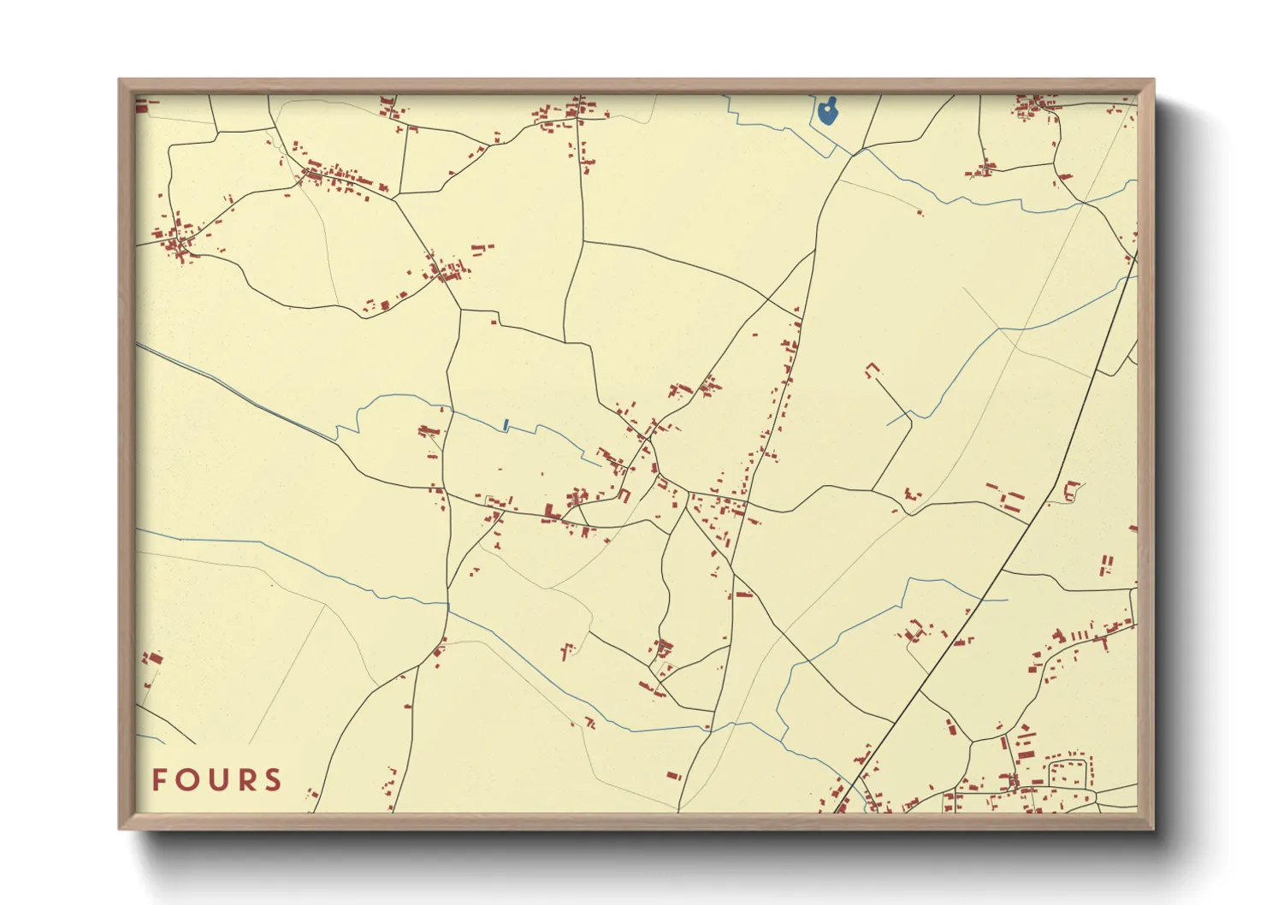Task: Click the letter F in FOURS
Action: (x=159, y=780)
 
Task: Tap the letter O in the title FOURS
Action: (x=187, y=780)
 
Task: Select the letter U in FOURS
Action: (x=217, y=780)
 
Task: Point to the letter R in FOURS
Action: (x=246, y=780)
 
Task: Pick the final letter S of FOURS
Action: (x=273, y=780)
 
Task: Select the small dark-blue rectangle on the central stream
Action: (x=506, y=423)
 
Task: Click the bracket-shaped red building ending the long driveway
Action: (x=872, y=369)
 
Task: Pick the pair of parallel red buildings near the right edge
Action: (x=1106, y=565)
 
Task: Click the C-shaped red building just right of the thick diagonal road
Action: (x=1070, y=490)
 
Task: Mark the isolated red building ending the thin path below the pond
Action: (x=920, y=211)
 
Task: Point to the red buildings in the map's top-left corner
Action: (x=142, y=105)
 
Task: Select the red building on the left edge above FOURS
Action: (x=152, y=658)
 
